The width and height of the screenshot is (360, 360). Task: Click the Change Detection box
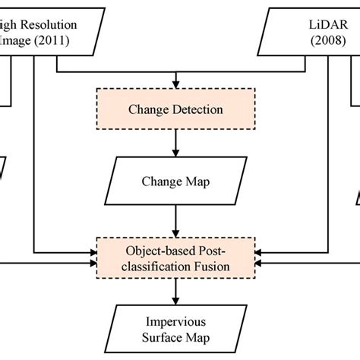(x=177, y=109)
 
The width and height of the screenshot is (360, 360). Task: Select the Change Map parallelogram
(x=177, y=182)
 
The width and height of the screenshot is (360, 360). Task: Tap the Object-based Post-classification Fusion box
(x=177, y=258)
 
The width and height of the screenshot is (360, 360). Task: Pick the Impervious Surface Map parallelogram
(x=177, y=329)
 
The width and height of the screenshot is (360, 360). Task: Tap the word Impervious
(x=177, y=321)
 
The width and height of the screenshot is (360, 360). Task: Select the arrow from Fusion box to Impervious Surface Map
(x=177, y=290)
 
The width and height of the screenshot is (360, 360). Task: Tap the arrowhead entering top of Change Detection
(x=177, y=84)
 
